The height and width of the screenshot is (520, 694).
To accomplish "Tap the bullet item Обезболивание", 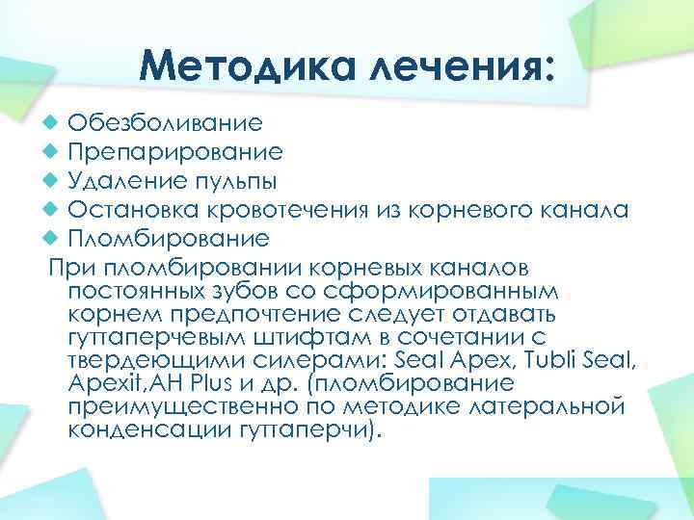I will click(165, 123).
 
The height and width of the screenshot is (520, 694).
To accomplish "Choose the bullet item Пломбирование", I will click(169, 237).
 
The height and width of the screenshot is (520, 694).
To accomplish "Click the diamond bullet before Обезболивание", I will click(52, 123).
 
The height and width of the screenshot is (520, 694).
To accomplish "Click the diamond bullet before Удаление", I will click(52, 181).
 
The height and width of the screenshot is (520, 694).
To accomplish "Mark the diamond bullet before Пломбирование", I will click(52, 237).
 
